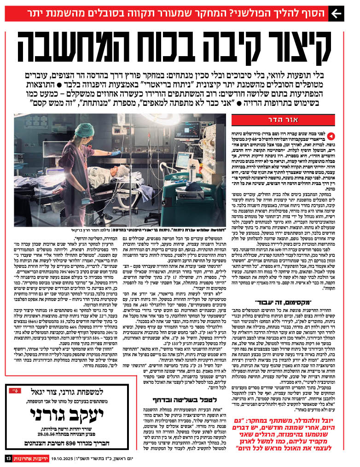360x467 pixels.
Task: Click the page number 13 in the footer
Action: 8,458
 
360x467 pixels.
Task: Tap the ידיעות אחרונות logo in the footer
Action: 28,458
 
